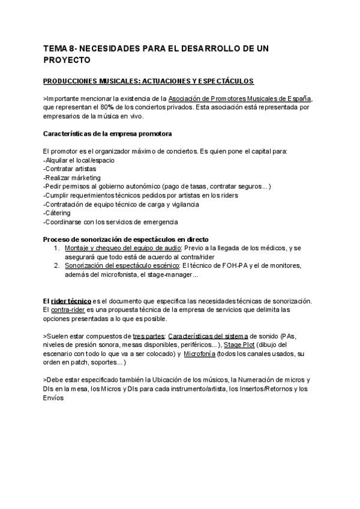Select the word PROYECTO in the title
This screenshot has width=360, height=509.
coord(67,60)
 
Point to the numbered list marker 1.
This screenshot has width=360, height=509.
coord(56,248)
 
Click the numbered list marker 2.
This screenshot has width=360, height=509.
coord(56,265)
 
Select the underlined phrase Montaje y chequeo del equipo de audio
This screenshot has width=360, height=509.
coord(118,248)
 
